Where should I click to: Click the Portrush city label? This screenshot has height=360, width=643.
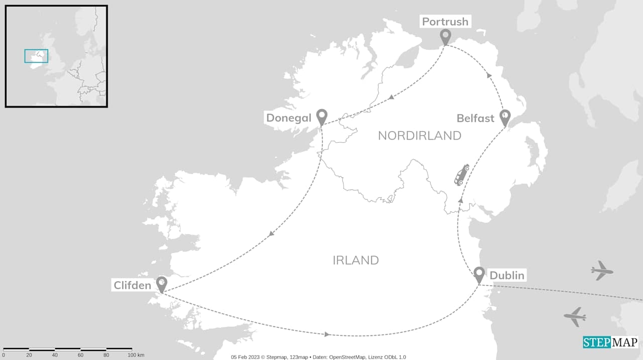coord(445,22)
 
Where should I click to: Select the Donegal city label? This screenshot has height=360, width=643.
coord(288,118)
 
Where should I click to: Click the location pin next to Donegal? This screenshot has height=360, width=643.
coord(321,116)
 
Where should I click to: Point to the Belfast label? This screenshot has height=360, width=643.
coord(475,118)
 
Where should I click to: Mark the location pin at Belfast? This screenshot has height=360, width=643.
coord(504,117)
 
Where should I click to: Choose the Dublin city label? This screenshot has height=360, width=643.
coord(506,275)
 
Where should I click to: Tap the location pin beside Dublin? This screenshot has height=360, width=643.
coord(479,274)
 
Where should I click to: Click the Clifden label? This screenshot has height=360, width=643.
coord(132,285)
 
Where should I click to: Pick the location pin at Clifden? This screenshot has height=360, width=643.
coord(161,283)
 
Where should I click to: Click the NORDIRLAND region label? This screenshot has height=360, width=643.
coord(419,136)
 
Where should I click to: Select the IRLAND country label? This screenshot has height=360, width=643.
coord(356,260)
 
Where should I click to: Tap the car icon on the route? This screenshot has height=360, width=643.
coord(462,175)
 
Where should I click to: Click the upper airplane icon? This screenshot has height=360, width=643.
coord(602,271)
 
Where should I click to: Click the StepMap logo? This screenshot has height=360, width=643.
coord(610,342)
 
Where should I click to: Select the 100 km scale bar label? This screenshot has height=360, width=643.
coord(136,355)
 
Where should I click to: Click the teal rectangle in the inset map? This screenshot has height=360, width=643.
coord(36,56)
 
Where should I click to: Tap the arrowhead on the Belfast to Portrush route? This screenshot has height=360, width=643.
coord(489,76)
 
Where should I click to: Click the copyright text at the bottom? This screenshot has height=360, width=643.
coord(318,357)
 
